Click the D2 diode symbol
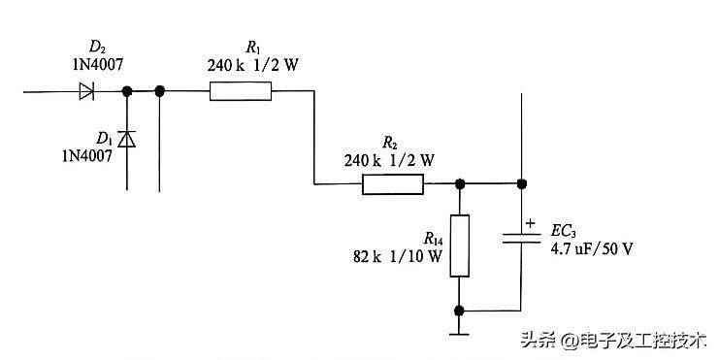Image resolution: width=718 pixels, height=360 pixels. (x=86, y=92)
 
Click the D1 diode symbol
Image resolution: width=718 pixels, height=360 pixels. (x=126, y=140)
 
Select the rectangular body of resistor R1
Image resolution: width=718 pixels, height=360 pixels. (x=241, y=92)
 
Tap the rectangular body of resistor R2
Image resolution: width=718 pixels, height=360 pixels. (x=393, y=184)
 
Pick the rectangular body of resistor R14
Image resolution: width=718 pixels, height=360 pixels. (x=459, y=246)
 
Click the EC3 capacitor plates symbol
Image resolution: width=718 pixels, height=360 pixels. (x=523, y=241)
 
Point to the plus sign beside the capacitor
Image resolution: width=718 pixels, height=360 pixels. (x=531, y=223)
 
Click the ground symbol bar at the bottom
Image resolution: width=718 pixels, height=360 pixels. (x=459, y=335)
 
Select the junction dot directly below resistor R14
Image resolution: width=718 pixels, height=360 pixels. (x=459, y=311)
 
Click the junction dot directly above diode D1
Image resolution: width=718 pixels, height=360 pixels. (x=126, y=92)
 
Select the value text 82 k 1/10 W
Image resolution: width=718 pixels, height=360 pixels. (x=399, y=257)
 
